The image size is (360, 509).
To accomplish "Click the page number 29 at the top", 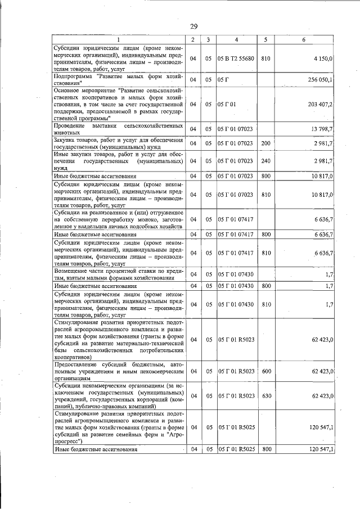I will point(193,26).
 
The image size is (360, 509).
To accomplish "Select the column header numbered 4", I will point(236,39).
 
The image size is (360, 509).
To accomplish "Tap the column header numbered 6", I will point(303,39).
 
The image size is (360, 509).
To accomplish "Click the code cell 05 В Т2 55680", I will point(237,58).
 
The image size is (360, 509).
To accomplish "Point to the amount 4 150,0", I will point(324,58).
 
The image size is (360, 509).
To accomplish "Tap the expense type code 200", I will point(266,143).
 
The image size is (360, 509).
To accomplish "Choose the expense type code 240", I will point(266,161).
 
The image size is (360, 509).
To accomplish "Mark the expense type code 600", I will point(266,371).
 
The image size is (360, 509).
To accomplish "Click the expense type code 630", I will point(266,396).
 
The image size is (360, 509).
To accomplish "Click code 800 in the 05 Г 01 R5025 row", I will point(266,450).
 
